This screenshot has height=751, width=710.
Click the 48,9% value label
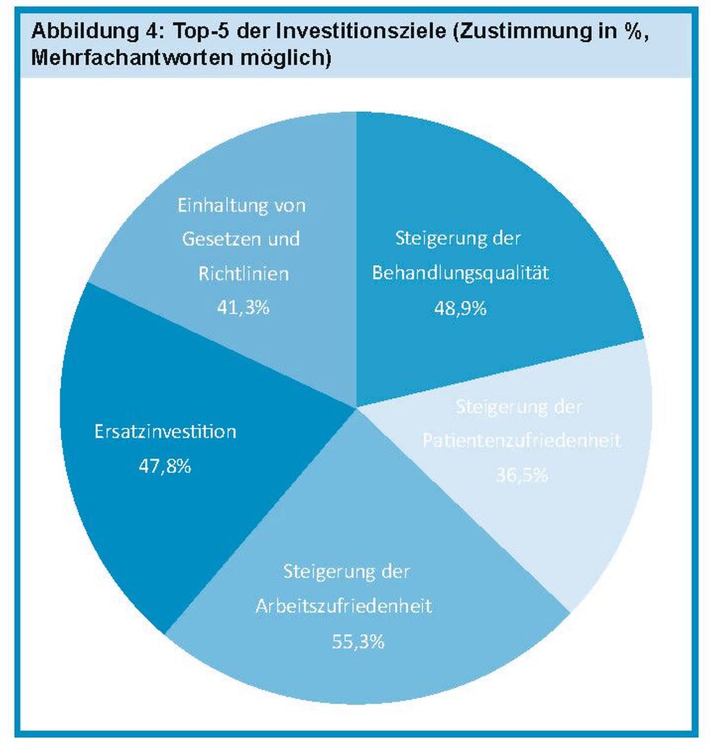(x=460, y=308)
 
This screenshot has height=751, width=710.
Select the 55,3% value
(x=358, y=642)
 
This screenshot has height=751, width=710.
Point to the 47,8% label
(x=165, y=466)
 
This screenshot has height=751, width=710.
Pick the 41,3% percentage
(x=243, y=308)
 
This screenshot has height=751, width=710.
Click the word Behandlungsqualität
(x=460, y=273)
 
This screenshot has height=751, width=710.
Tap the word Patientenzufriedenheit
(x=522, y=441)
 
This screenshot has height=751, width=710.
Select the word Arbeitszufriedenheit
(x=344, y=607)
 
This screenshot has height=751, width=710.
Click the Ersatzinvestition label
(x=165, y=431)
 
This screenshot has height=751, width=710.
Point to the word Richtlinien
(x=244, y=273)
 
